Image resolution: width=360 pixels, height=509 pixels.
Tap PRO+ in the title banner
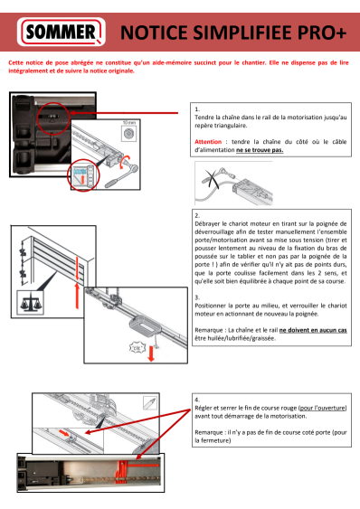click(x=315, y=34)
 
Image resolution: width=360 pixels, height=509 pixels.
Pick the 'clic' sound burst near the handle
click(x=113, y=347)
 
